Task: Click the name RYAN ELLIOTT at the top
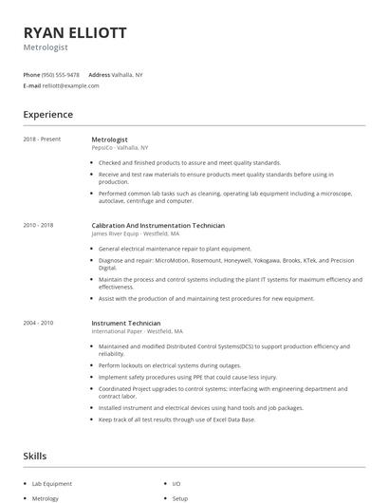click(74, 32)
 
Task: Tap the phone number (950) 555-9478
click(61, 74)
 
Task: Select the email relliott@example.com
click(70, 85)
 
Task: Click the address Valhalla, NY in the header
click(128, 74)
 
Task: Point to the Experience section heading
click(47, 115)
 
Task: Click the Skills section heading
click(34, 456)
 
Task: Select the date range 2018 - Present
click(41, 139)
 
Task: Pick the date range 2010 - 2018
click(38, 225)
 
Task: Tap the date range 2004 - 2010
click(38, 323)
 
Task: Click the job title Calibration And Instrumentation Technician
click(157, 225)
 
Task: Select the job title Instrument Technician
click(125, 323)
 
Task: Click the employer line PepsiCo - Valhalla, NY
click(120, 147)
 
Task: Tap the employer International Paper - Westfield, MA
click(138, 331)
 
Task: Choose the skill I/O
click(176, 483)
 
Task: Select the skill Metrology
click(46, 497)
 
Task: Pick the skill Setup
click(180, 497)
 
